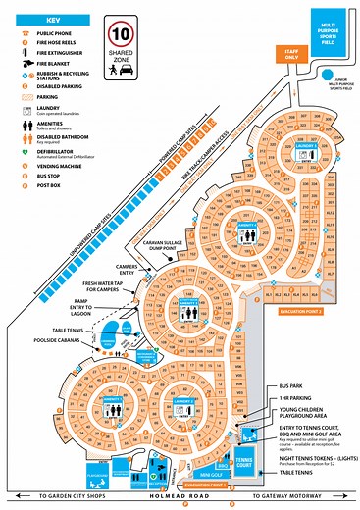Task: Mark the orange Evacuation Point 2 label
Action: point(305,310)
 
